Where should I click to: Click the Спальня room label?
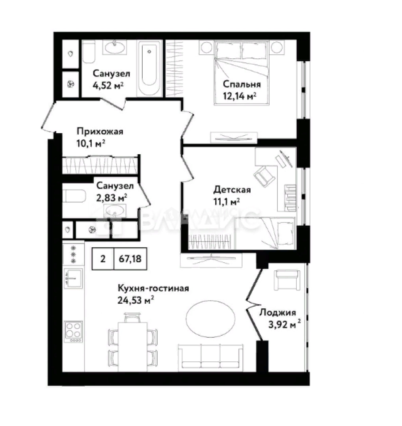pyautogui.click(x=242, y=84)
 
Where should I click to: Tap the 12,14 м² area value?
pyautogui.click(x=240, y=96)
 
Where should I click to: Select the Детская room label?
pyautogui.click(x=232, y=189)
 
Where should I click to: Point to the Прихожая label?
pyautogui.click(x=100, y=131)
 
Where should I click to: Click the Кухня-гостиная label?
pyautogui.click(x=153, y=288)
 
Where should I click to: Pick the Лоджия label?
pyautogui.click(x=277, y=312)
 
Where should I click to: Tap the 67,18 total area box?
pyautogui.click(x=130, y=259)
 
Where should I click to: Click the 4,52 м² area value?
pyautogui.click(x=108, y=85)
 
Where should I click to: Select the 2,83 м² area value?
pyautogui.click(x=112, y=198)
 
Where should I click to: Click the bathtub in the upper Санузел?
pyautogui.click(x=149, y=68)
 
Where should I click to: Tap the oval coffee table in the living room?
pyautogui.click(x=210, y=319)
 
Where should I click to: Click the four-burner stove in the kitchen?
pyautogui.click(x=73, y=331)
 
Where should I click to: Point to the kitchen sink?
pyautogui.click(x=73, y=278)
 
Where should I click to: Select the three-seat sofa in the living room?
pyautogui.click(x=210, y=357)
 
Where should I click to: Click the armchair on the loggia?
pyautogui.click(x=287, y=280)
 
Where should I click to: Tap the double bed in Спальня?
pyautogui.click(x=242, y=73)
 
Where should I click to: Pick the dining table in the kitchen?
pyautogui.click(x=133, y=347)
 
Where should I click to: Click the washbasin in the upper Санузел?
pyautogui.click(x=115, y=48)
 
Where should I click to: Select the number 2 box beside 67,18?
pyautogui.click(x=103, y=259)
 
